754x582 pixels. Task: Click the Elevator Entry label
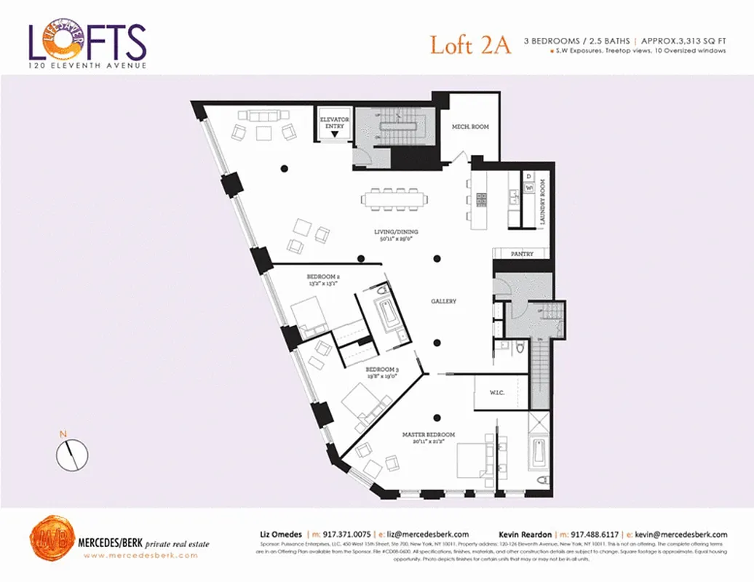[x=335, y=122]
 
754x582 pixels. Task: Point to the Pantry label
[x=522, y=254]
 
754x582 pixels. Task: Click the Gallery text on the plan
[x=443, y=301]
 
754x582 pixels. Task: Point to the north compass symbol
[x=72, y=455]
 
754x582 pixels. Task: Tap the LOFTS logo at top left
[x=87, y=44]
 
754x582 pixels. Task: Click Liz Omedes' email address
[x=427, y=534]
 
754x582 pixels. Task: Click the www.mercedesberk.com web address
[x=140, y=556]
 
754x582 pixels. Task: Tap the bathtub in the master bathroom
[x=538, y=452]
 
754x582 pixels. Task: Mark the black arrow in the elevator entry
[x=334, y=135]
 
